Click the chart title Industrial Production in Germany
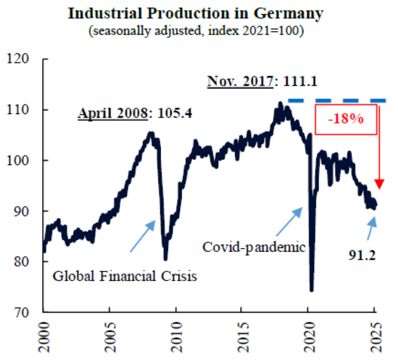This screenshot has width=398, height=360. point(195,13)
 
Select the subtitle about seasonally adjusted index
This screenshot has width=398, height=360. point(195,31)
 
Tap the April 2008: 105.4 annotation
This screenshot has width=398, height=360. point(135,114)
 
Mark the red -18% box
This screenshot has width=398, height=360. point(345,120)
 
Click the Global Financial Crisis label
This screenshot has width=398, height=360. point(125,276)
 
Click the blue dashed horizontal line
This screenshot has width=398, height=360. point(337,101)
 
